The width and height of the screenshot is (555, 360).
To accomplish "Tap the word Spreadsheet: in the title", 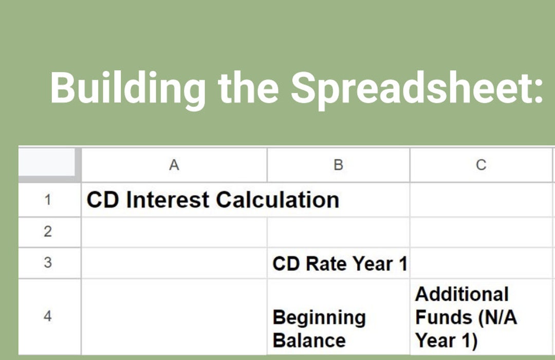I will [x=416, y=87].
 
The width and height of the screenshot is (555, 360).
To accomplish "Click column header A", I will [x=174, y=165].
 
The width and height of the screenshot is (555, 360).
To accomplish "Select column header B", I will [x=338, y=165].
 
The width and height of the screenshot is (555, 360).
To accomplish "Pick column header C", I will [x=481, y=165].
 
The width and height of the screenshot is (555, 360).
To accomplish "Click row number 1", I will [x=48, y=200].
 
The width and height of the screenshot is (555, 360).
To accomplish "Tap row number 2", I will [x=48, y=232].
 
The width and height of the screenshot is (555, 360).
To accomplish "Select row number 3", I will [x=48, y=263].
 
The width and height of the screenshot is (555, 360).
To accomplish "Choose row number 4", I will [x=48, y=316].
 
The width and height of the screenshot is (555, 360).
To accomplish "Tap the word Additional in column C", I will [x=461, y=295].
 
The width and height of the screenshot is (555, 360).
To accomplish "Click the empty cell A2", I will [x=174, y=232].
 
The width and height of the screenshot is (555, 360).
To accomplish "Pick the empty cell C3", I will [x=481, y=263].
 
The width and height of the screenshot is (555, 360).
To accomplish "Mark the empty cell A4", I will [x=174, y=316].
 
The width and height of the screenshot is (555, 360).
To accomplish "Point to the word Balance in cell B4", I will [x=309, y=340].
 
